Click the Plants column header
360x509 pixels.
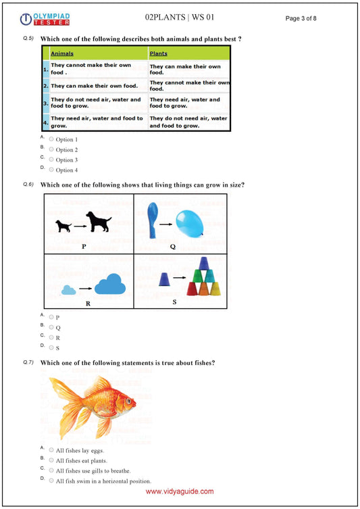click(x=159, y=53)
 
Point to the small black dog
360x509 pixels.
click(x=63, y=226)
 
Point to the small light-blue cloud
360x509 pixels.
click(x=68, y=289)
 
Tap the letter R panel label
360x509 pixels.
click(x=88, y=304)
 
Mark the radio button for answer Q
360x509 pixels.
click(x=51, y=327)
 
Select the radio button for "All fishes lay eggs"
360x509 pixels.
click(x=51, y=450)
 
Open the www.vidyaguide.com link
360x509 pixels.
click(x=180, y=492)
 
